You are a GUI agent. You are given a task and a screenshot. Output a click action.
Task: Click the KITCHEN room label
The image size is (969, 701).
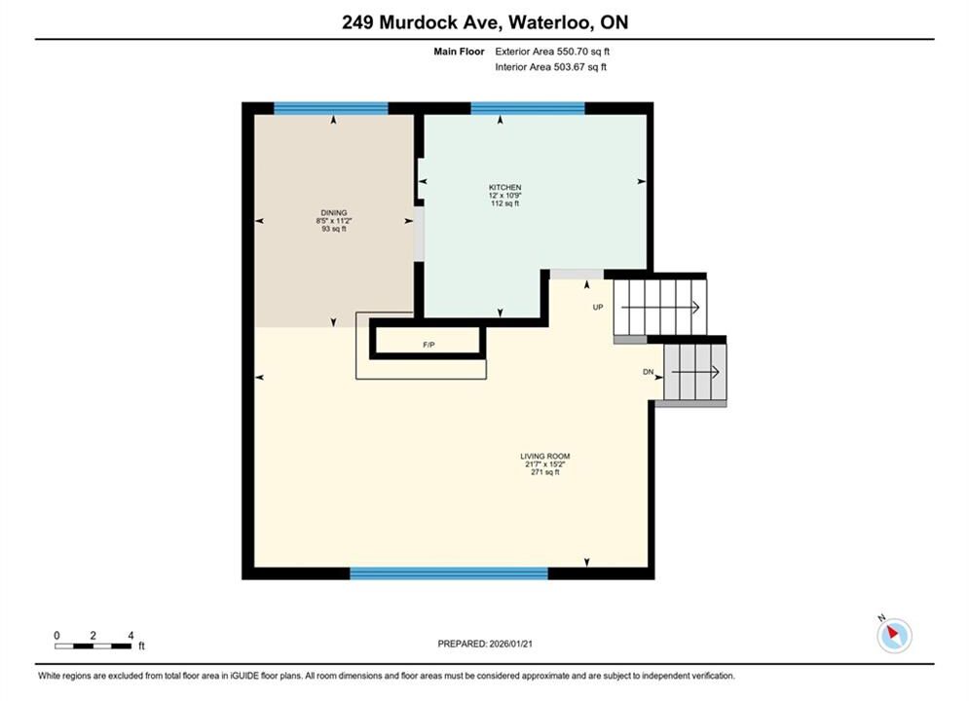[504, 187]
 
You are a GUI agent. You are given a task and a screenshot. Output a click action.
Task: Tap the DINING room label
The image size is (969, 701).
[334, 212]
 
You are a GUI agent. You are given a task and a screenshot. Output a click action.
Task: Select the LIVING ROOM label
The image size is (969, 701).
[545, 456]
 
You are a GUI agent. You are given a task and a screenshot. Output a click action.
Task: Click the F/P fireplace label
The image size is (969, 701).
[429, 345]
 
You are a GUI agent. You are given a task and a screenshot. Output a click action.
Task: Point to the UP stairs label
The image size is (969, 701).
[598, 307]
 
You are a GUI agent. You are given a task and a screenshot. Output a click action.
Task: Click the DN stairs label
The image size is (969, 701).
[649, 372]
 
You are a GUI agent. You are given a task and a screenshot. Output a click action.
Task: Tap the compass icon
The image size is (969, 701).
[894, 634]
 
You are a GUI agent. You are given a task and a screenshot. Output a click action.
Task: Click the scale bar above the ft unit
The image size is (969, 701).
[93, 646]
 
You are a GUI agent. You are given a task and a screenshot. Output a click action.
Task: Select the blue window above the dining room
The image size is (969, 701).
[330, 109]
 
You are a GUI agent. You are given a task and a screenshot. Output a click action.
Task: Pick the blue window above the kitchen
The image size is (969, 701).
[528, 109]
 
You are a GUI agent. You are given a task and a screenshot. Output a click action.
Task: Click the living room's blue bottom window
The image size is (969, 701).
[449, 573]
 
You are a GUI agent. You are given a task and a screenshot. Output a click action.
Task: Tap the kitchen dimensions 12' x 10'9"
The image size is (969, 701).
[504, 195]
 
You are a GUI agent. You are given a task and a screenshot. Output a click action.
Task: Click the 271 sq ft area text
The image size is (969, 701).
[545, 472]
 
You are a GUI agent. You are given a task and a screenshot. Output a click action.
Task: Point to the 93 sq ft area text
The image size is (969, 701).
[334, 229]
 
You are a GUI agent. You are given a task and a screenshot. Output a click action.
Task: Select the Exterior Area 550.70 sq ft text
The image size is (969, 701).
[552, 52]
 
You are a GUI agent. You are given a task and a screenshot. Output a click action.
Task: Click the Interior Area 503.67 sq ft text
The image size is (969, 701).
[550, 67]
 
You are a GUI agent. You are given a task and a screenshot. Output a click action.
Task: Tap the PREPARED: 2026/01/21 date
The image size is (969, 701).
[485, 644]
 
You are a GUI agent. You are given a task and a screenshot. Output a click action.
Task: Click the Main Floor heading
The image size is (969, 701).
[459, 52]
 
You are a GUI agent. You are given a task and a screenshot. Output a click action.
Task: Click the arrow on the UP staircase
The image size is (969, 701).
[660, 307]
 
